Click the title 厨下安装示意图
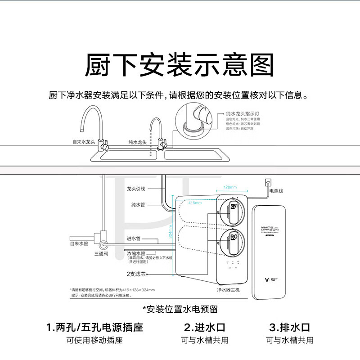tap(180, 65)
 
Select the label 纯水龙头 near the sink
tap(137, 142)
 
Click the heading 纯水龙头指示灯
tap(241, 115)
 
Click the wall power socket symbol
tap(269, 182)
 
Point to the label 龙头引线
tap(135, 189)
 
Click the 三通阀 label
tap(101, 254)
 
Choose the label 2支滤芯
tap(136, 274)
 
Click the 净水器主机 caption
tap(229, 290)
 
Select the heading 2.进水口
tap(205, 327)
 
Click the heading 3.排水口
tap(289, 327)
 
